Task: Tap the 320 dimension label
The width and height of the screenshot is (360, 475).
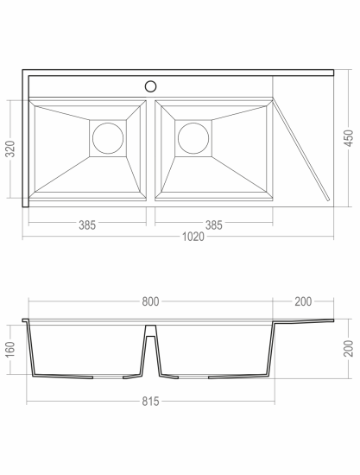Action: [x=10, y=149]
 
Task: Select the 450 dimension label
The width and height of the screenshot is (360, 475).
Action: [x=349, y=138]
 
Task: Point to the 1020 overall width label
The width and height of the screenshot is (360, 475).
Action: [x=193, y=237]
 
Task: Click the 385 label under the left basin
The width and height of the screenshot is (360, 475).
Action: [x=87, y=225]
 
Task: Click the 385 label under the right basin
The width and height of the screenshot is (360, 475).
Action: [x=214, y=225]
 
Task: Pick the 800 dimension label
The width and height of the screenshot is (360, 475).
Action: [x=150, y=301]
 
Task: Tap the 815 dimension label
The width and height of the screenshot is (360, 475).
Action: [x=150, y=402]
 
